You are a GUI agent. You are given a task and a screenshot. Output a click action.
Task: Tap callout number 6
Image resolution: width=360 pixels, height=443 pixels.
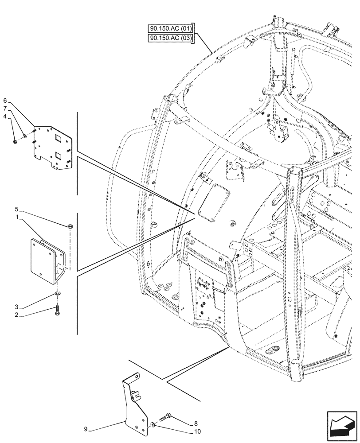point(5,101)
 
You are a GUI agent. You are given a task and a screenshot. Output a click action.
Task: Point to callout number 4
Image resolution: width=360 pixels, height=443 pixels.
point(5,117)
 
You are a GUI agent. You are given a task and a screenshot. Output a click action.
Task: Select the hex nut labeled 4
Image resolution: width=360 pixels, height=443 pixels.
point(16,141)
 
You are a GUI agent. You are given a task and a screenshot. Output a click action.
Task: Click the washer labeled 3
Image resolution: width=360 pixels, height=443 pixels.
point(58,294)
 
